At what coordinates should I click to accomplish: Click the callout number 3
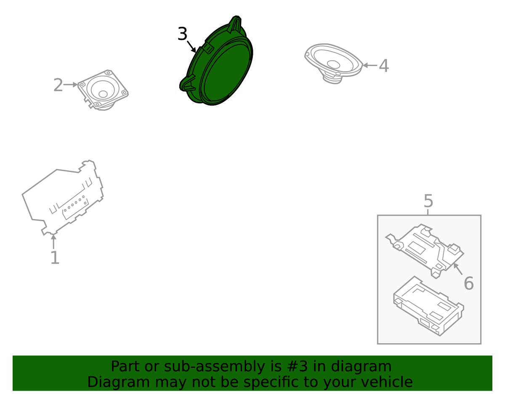(183, 34)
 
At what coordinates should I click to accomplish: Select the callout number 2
(58, 85)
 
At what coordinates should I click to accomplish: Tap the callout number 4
(384, 66)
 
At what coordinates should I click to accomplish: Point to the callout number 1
(55, 257)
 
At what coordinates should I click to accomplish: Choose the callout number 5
(428, 201)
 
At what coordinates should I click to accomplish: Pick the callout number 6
(468, 283)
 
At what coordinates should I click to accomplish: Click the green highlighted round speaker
(216, 61)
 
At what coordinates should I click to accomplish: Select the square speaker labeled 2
(103, 90)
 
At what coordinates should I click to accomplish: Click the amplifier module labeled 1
(63, 198)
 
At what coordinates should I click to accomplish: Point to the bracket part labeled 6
(425, 251)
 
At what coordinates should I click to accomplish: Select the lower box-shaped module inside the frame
(428, 306)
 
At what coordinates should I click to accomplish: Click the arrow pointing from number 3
(191, 47)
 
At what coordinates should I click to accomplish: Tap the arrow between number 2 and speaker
(70, 85)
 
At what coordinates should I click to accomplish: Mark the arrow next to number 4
(370, 66)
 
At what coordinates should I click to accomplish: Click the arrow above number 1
(54, 242)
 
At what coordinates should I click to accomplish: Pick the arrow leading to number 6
(458, 269)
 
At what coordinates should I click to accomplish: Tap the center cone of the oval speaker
(333, 64)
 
